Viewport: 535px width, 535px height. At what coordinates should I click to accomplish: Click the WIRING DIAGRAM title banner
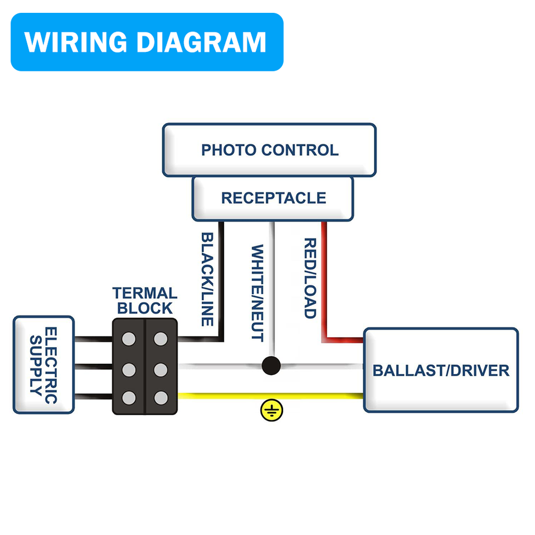147,42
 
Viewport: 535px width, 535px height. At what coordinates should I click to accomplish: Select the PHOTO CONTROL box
269,150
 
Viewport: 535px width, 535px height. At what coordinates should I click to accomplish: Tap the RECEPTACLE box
273,198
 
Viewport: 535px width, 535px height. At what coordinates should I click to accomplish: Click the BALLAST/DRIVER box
441,370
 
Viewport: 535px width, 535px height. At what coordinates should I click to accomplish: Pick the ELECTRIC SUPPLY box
43,365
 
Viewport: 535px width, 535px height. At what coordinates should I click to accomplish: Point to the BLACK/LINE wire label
207,279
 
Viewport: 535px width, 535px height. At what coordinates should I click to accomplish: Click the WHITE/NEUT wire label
257,293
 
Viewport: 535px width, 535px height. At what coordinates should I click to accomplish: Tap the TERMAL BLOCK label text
145,300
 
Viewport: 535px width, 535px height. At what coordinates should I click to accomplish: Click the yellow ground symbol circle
271,411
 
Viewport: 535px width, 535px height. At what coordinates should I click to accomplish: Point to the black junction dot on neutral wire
271,366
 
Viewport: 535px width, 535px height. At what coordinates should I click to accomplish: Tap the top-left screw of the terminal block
129,338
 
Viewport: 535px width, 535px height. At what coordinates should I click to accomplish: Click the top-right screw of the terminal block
161,338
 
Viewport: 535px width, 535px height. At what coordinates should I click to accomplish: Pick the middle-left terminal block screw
129,368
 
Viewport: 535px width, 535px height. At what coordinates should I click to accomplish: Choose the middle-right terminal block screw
161,368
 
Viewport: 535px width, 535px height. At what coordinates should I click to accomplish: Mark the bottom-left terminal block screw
129,397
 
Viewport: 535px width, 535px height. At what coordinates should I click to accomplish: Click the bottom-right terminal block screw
161,397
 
